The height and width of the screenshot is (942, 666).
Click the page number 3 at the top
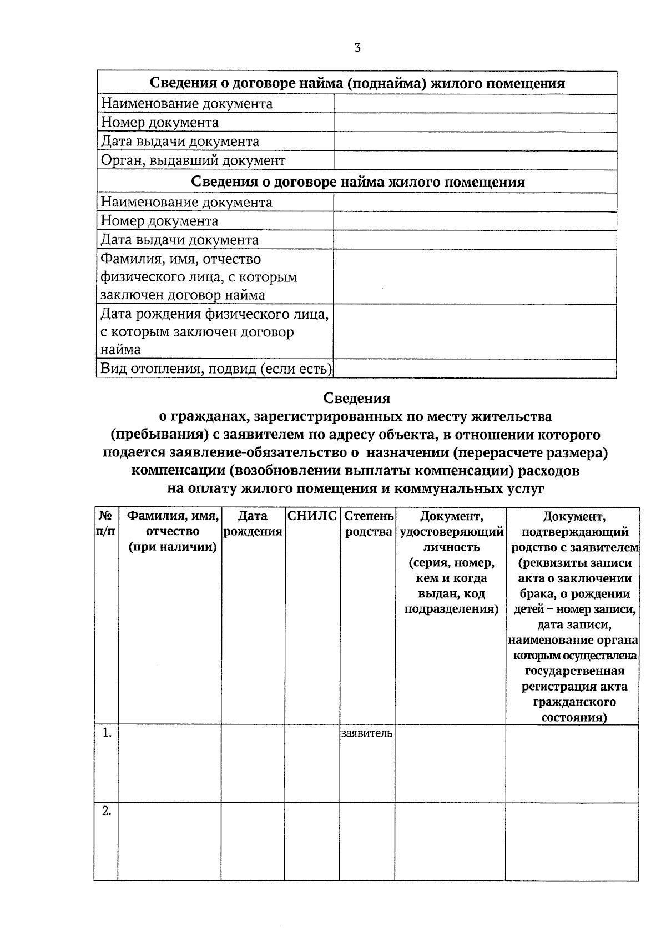(x=357, y=48)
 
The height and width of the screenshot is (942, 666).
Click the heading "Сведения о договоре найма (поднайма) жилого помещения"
(x=357, y=83)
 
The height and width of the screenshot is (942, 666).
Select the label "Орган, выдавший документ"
(x=193, y=161)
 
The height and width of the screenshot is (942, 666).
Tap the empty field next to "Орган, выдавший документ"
(x=475, y=160)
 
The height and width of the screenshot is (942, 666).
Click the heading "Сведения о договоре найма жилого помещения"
(x=357, y=182)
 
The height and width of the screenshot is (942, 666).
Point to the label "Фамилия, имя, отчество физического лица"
(x=198, y=276)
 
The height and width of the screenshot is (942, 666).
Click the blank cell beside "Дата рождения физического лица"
(x=475, y=331)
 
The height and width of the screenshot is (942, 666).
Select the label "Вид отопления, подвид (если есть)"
(x=216, y=369)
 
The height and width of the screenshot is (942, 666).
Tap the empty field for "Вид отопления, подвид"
(x=475, y=369)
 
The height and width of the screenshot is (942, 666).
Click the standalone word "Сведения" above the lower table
(x=357, y=398)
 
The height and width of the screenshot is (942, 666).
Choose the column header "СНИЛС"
(x=312, y=516)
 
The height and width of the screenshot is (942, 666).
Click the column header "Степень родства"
(x=369, y=524)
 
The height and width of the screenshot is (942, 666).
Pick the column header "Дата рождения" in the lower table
(x=253, y=524)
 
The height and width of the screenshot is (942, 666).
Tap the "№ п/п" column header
(x=105, y=523)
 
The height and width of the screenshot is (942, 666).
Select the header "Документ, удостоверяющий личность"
(x=451, y=562)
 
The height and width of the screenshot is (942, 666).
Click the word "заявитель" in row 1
(x=367, y=733)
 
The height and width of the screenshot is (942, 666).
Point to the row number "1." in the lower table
(x=106, y=733)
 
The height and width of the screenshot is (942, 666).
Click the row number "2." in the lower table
(x=106, y=811)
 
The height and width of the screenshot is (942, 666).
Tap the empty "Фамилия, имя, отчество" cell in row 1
(x=169, y=763)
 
